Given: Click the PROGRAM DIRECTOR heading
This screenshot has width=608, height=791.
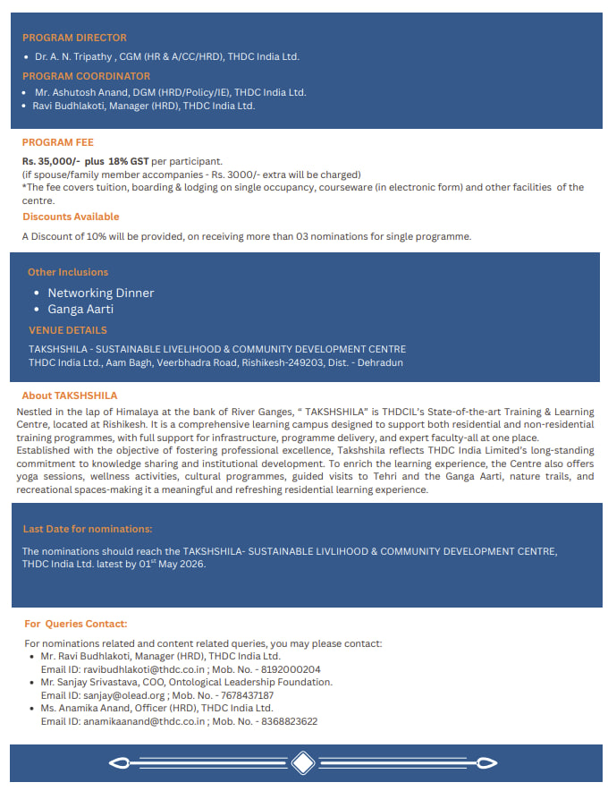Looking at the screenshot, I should [x=74, y=38].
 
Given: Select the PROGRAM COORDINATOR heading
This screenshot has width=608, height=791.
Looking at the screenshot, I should [x=86, y=76].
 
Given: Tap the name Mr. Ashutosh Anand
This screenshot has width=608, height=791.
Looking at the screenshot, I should [x=80, y=92].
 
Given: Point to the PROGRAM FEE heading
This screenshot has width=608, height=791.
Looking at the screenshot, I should [x=57, y=142].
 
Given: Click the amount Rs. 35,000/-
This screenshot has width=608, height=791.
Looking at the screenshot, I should [x=52, y=161].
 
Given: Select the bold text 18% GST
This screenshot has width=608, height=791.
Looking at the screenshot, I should [x=130, y=161].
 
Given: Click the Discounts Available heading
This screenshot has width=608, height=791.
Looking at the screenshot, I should [x=71, y=217].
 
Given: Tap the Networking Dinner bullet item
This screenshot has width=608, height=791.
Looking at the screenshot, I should [x=100, y=293].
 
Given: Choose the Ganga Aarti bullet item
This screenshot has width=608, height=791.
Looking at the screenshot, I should [x=80, y=309].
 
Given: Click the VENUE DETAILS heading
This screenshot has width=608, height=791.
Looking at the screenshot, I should [x=68, y=330].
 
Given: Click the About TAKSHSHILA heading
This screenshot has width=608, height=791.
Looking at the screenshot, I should [x=69, y=395].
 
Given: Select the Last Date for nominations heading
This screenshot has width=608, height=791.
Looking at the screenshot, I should [x=87, y=529].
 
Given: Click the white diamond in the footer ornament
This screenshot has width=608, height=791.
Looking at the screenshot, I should [x=303, y=763].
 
